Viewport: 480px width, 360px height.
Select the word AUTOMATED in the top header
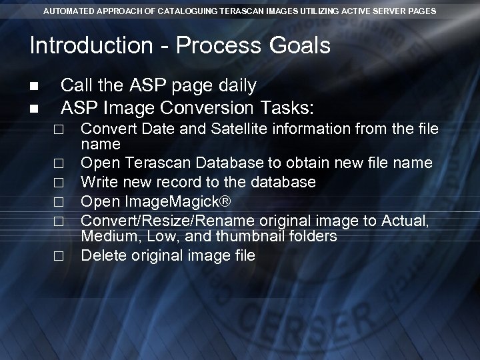click(x=69, y=11)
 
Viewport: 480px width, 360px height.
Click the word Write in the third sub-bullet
click(x=98, y=181)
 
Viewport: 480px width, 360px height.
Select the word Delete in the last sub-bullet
click(x=101, y=255)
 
